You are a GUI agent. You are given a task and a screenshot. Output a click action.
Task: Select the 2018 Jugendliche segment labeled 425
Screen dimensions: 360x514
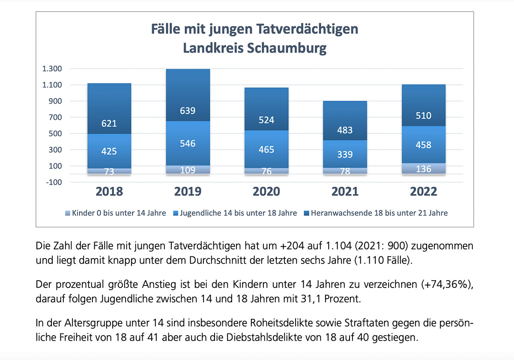[x=109, y=151]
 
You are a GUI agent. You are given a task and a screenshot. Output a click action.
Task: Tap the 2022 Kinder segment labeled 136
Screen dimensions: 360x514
[x=424, y=168]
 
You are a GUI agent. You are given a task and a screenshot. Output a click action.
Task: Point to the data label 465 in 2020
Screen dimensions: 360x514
[x=266, y=150]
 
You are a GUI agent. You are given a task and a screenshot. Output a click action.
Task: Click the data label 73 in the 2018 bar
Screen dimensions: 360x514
[x=109, y=171]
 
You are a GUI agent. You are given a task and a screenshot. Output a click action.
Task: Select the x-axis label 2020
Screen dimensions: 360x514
[x=266, y=191]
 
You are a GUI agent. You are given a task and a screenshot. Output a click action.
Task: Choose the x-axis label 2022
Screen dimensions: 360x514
[x=424, y=191]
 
